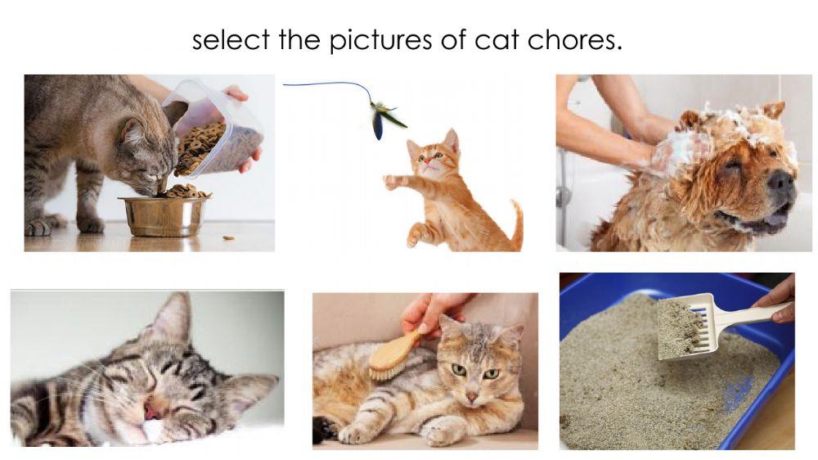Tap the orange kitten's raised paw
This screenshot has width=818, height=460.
(x=393, y=182)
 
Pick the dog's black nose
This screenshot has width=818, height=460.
(x=782, y=181)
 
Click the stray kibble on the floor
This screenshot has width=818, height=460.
(x=227, y=238)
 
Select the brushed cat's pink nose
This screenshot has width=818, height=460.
(x=473, y=395)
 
